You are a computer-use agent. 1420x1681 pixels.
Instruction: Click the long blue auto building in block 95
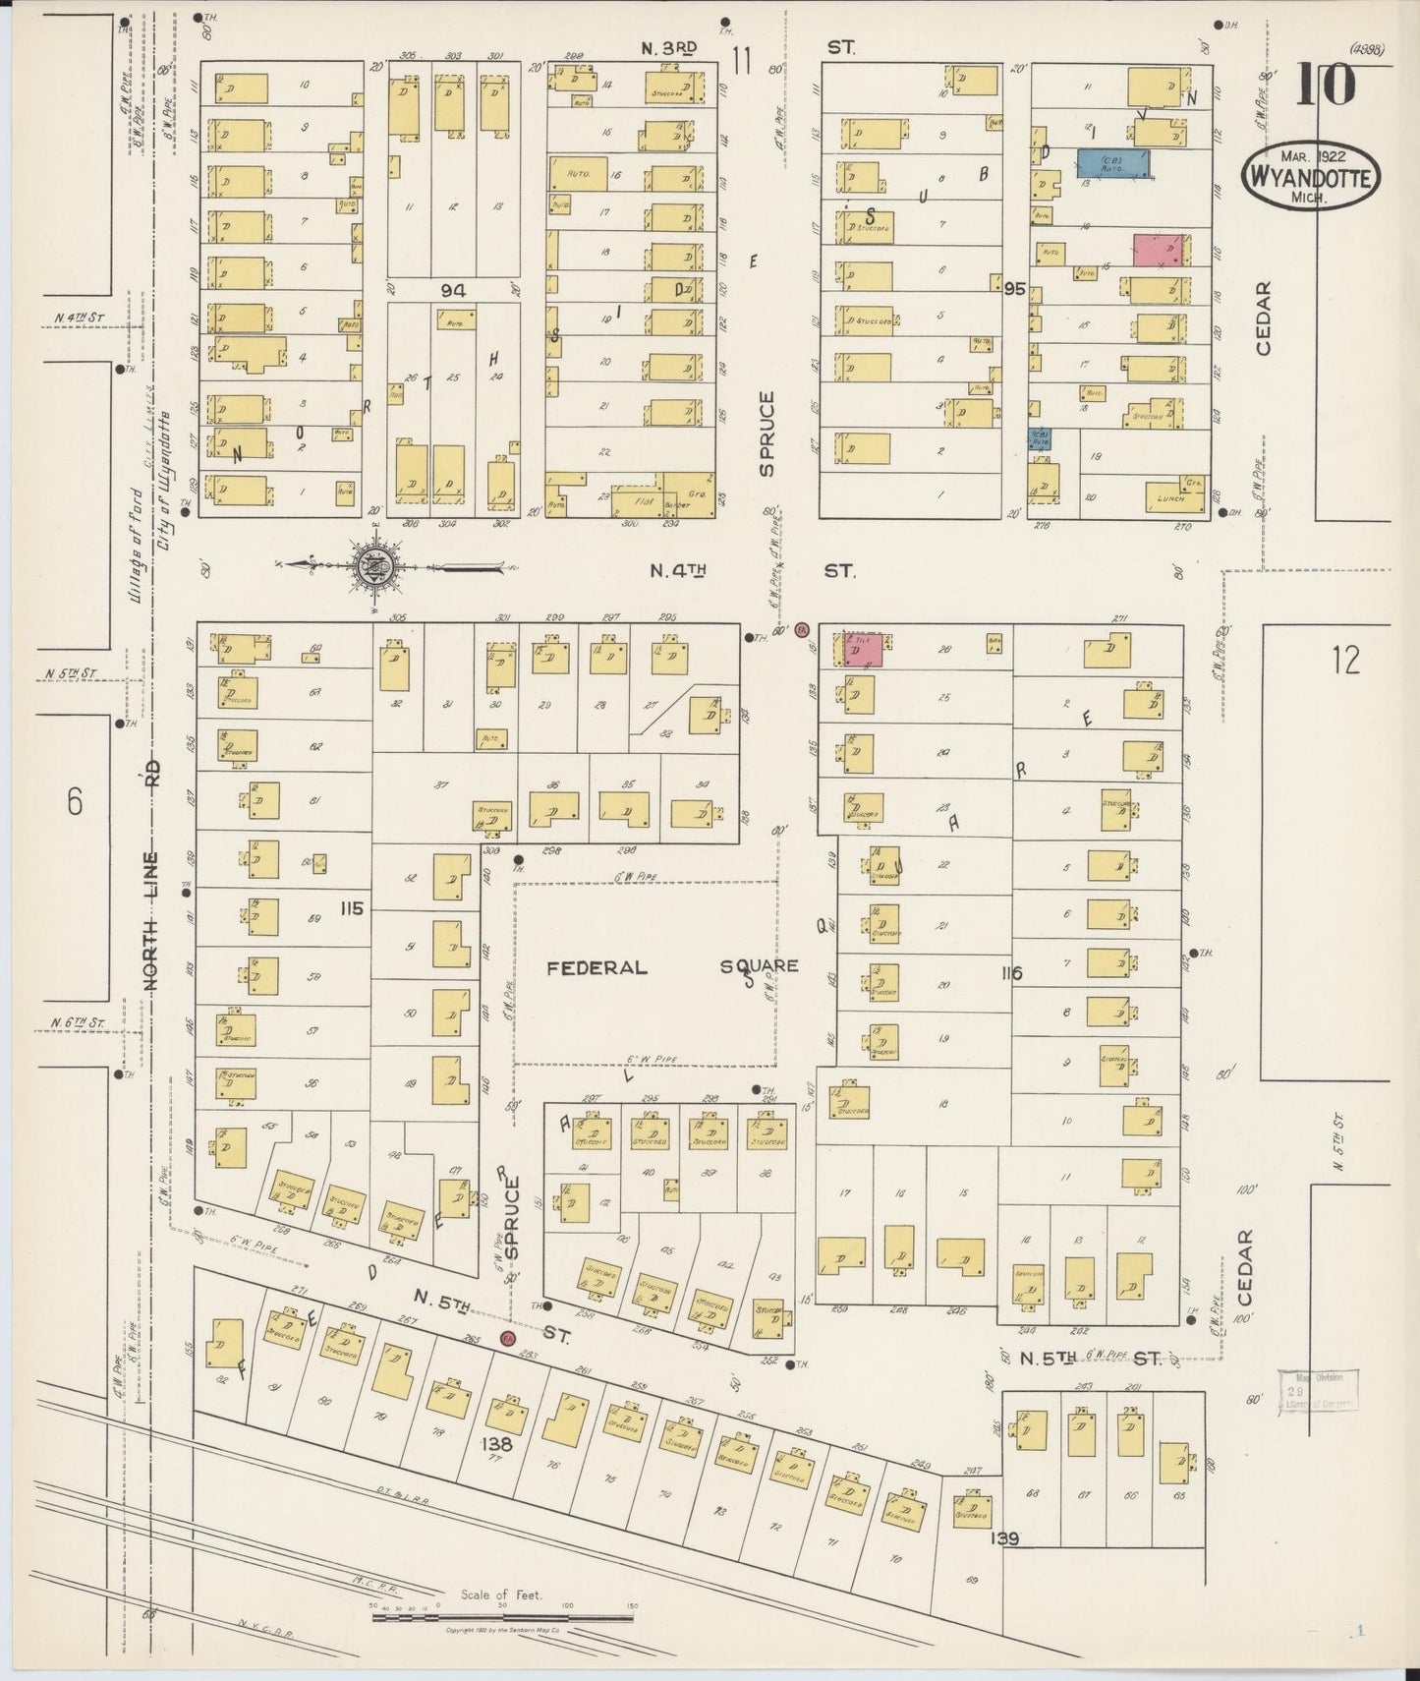click(x=1113, y=163)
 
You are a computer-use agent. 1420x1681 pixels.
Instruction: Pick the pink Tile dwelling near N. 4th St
click(x=862, y=650)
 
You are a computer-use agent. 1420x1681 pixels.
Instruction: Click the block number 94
click(x=453, y=290)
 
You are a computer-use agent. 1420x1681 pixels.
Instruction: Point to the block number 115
click(x=351, y=908)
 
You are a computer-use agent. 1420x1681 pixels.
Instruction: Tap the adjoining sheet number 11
click(x=741, y=61)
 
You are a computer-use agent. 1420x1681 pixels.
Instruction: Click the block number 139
click(x=1005, y=1538)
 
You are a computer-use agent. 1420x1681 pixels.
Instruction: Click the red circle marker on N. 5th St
click(x=508, y=1338)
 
